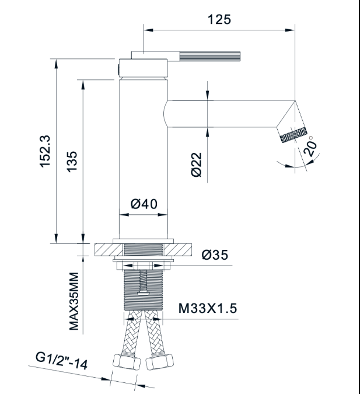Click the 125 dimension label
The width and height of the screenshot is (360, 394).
(219, 19)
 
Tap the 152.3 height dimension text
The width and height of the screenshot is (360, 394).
(46, 151)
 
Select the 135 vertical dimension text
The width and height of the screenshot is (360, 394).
(72, 162)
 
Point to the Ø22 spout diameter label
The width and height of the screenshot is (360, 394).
(197, 165)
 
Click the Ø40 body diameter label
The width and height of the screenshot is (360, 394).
(144, 204)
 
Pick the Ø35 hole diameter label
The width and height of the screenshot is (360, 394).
(215, 255)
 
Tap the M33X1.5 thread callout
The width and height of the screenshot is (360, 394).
(208, 308)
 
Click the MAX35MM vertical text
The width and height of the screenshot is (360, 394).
(74, 301)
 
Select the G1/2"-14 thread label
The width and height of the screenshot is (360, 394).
(61, 361)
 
